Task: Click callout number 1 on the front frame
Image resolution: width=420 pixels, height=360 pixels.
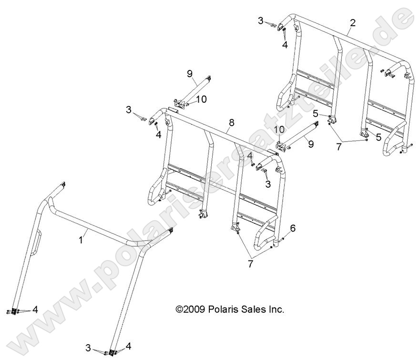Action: pyautogui.click(x=81, y=241)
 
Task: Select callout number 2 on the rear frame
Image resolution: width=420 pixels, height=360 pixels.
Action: pyautogui.click(x=352, y=23)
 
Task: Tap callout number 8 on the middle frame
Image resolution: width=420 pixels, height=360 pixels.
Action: pyautogui.click(x=231, y=122)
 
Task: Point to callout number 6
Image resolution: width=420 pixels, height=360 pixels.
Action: pyautogui.click(x=293, y=229)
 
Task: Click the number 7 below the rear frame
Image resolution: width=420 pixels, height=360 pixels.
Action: pyautogui.click(x=339, y=147)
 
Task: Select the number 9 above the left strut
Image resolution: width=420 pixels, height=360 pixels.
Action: pyautogui.click(x=189, y=73)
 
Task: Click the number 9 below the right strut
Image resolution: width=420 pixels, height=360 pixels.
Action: pyautogui.click(x=310, y=144)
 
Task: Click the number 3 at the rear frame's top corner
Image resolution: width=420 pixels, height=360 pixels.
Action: pyautogui.click(x=261, y=20)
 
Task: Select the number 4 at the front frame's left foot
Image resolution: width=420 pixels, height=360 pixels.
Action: pyautogui.click(x=35, y=310)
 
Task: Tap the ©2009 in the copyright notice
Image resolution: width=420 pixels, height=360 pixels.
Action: pyautogui.click(x=191, y=310)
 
